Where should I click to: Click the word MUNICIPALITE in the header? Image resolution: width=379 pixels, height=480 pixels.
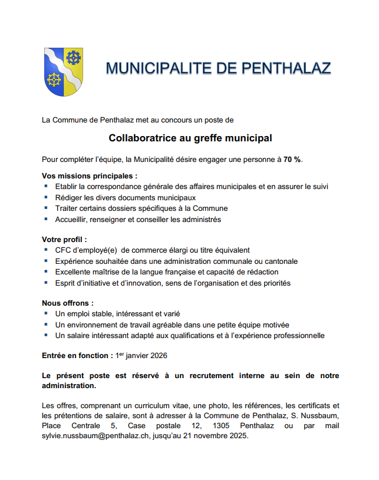pyautogui.click(x=156, y=68)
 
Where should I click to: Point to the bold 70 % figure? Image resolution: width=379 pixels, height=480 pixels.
pyautogui.click(x=292, y=160)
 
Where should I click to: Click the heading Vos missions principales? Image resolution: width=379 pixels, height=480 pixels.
pyautogui.click(x=90, y=176)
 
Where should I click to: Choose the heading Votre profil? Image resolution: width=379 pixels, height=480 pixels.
pyautogui.click(x=64, y=240)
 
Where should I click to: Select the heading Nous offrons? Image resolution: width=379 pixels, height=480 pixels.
pyautogui.click(x=68, y=303)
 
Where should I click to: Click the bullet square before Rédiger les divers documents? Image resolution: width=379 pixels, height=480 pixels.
pyautogui.click(x=46, y=197)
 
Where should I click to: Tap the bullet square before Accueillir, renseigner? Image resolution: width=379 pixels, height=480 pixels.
pyautogui.click(x=46, y=219)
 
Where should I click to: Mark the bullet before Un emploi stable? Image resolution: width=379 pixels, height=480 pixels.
pyautogui.click(x=46, y=314)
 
